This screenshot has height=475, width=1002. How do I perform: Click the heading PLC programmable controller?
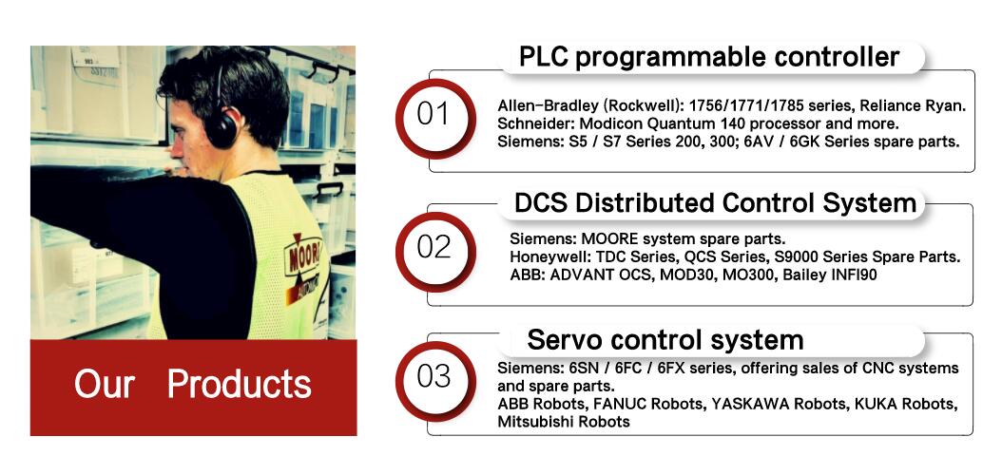click(x=708, y=57)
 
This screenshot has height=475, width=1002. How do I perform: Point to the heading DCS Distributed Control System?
click(x=716, y=203)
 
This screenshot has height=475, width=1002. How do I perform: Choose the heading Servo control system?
click(x=665, y=340)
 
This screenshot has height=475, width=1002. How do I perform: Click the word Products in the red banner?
click(x=239, y=385)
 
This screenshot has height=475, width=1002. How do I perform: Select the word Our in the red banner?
click(x=105, y=385)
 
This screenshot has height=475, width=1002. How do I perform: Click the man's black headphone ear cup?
click(x=222, y=129)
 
